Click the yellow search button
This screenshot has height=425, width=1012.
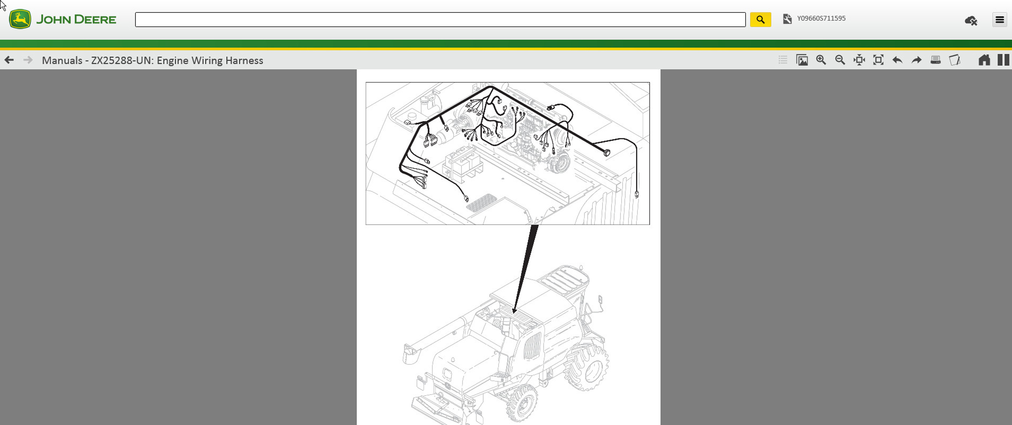(x=760, y=20)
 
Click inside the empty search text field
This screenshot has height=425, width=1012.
(x=440, y=20)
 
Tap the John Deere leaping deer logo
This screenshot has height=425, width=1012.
(x=20, y=19)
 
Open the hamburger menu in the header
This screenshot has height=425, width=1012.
(x=999, y=20)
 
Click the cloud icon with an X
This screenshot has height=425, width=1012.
(x=971, y=20)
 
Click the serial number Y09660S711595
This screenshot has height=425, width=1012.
(x=821, y=18)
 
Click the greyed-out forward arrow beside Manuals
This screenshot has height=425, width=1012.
(x=28, y=60)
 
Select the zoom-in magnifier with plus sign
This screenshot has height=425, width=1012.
(x=821, y=60)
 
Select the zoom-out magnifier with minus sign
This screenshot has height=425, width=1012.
(x=840, y=60)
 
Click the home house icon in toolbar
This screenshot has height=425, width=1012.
(x=984, y=60)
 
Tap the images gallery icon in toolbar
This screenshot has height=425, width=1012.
(x=802, y=60)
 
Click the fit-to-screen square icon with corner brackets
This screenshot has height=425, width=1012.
(x=878, y=60)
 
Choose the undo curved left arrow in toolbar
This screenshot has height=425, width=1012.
(x=897, y=60)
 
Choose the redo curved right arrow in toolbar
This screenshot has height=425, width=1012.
(x=916, y=60)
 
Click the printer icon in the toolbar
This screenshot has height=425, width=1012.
(x=936, y=60)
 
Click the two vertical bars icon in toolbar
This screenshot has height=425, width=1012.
(x=1003, y=60)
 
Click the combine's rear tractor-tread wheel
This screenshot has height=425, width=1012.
(x=587, y=366)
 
